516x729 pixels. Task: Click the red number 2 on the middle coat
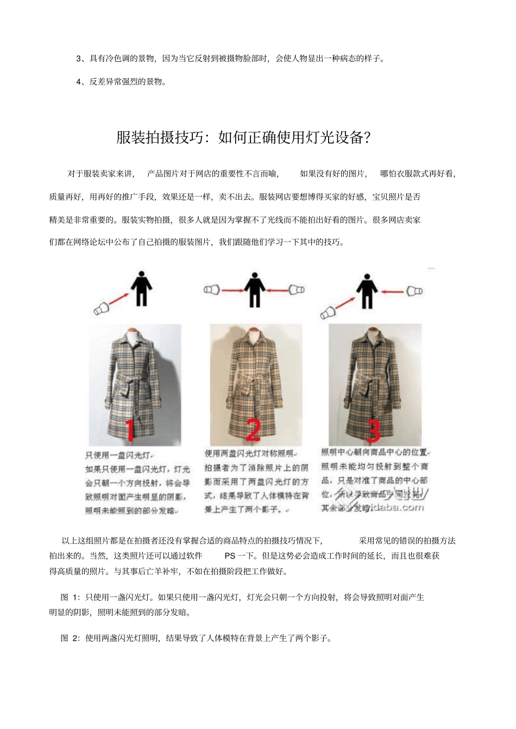[x=253, y=430]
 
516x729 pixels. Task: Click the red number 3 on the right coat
[x=373, y=429]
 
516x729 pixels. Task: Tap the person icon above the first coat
[x=141, y=288]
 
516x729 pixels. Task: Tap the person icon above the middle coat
[x=254, y=288]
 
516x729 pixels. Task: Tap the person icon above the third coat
[x=367, y=289]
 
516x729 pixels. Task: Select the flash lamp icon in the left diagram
[x=102, y=309]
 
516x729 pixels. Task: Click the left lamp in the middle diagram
[x=211, y=290]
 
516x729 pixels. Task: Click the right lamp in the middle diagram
[x=297, y=290]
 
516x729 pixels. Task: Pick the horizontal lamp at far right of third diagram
[x=414, y=291]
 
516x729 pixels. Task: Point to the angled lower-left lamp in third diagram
[x=328, y=313]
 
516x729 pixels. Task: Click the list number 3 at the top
[x=79, y=59]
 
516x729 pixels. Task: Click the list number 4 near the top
[x=79, y=82]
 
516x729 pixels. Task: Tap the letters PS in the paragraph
[x=230, y=556]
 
